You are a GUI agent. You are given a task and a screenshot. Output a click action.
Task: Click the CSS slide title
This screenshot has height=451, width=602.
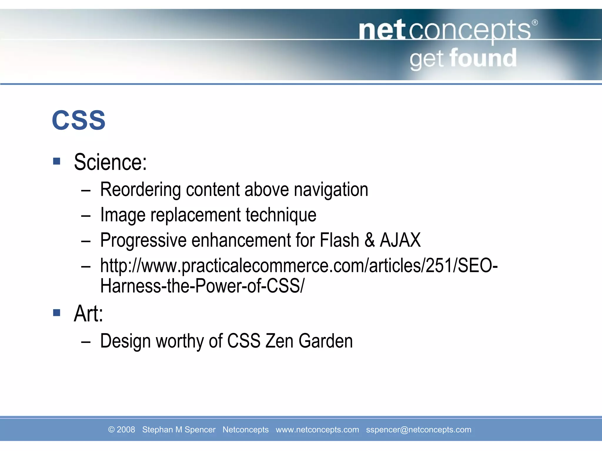click(78, 120)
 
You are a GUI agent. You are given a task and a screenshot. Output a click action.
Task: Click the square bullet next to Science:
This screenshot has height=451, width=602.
click(57, 161)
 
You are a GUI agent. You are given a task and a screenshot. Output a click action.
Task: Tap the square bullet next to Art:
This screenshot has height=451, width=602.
click(57, 312)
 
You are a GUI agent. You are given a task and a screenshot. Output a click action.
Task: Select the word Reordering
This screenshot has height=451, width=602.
click(140, 190)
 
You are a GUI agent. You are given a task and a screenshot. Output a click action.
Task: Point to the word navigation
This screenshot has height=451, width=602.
click(331, 190)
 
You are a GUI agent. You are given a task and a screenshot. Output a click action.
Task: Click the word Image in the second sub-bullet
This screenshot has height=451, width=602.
click(123, 215)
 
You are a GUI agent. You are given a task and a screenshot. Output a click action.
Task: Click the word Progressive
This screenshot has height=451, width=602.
click(143, 240)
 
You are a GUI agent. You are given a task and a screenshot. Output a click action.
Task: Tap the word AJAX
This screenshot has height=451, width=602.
click(400, 240)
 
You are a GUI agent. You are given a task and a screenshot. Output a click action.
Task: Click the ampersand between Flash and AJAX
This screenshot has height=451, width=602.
click(369, 240)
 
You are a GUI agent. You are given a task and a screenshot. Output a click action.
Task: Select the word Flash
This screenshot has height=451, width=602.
click(339, 240)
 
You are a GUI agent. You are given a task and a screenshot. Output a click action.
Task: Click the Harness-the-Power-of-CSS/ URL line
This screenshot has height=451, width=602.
click(202, 286)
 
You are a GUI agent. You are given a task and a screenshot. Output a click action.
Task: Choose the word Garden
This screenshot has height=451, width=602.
click(325, 341)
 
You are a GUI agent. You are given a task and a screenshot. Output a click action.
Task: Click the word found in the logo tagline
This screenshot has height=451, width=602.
click(483, 58)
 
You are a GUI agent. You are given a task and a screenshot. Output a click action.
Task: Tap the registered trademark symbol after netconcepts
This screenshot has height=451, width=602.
click(535, 23)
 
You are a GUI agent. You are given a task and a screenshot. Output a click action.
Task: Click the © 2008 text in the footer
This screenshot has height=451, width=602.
click(121, 430)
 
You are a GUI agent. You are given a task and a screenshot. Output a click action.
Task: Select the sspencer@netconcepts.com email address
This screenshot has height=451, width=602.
click(418, 430)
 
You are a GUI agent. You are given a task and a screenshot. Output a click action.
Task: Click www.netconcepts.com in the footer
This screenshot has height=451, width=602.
click(317, 430)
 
